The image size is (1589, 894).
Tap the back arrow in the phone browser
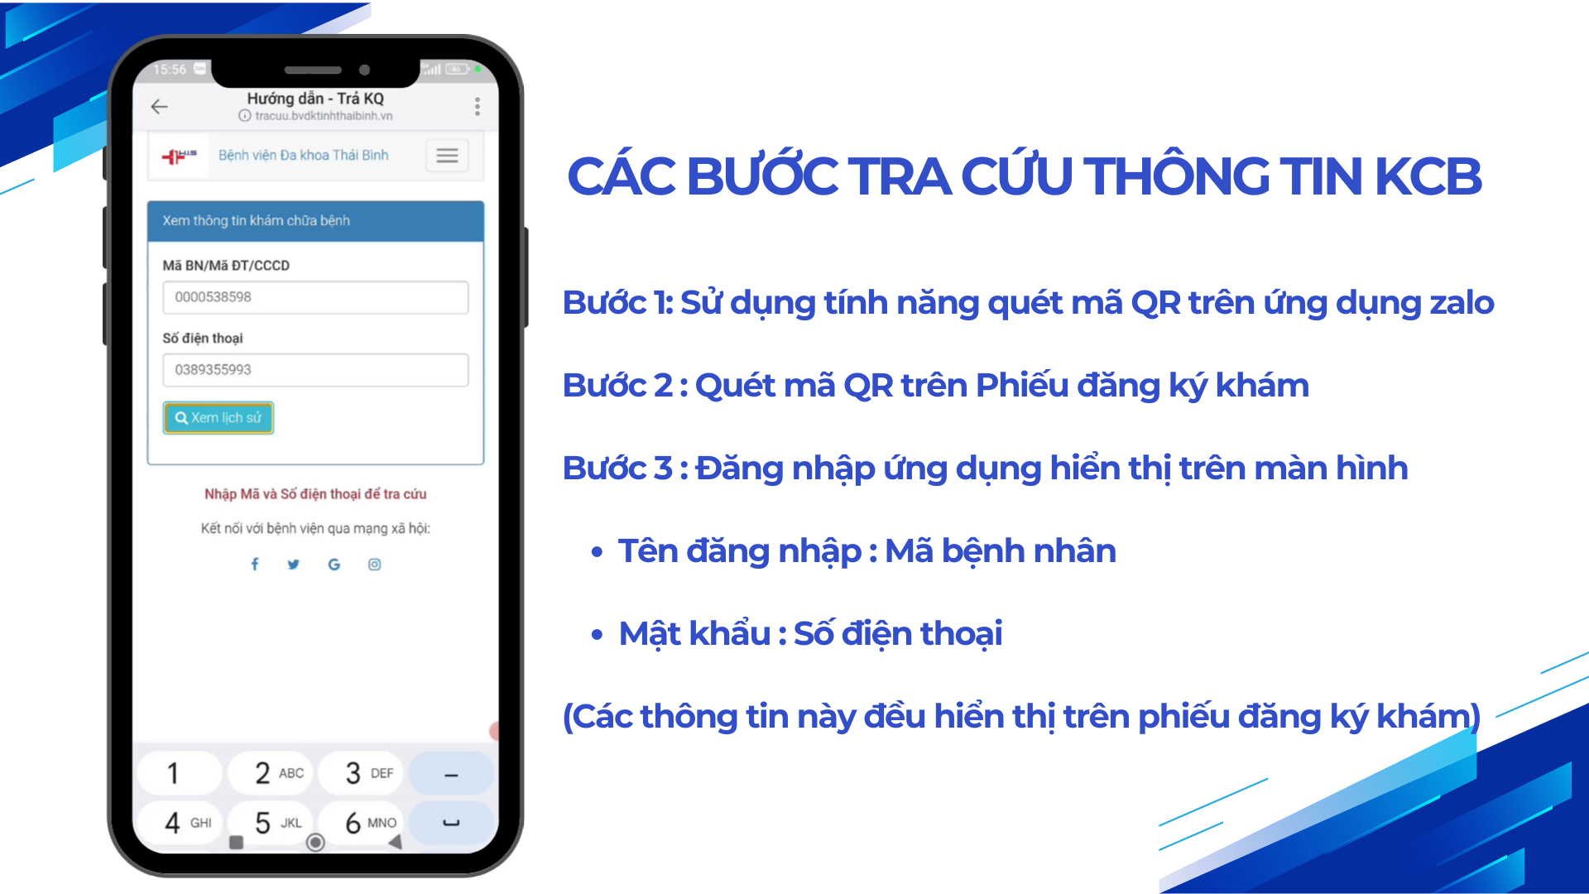(x=160, y=106)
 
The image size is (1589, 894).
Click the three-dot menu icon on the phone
(x=478, y=106)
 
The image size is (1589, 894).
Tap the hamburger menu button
(x=448, y=156)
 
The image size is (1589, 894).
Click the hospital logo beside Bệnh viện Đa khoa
(x=180, y=156)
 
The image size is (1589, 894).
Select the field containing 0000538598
(x=315, y=297)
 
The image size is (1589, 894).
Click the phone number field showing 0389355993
(x=315, y=370)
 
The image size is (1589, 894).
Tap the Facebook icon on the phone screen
(x=255, y=564)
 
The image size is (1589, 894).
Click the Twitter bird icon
(x=294, y=565)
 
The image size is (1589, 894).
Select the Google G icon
(x=334, y=565)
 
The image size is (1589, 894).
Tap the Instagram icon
(x=375, y=565)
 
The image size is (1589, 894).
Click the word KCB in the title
(x=1428, y=176)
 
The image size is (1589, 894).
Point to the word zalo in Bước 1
(x=1462, y=303)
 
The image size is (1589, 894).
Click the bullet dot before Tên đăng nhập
(x=597, y=552)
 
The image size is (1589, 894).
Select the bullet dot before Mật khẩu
(x=597, y=635)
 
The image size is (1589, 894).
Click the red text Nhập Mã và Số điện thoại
(x=315, y=494)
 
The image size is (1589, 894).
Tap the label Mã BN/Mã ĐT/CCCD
(x=226, y=266)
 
